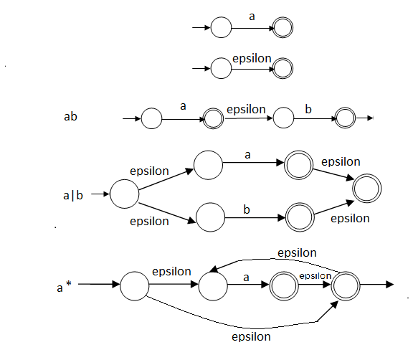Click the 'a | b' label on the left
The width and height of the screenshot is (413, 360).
click(x=74, y=194)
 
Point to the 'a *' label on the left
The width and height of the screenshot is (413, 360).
click(x=64, y=288)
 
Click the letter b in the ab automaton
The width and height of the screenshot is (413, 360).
click(x=308, y=109)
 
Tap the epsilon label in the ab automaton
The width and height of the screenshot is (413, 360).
click(x=246, y=109)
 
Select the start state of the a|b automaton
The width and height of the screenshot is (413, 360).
click(x=124, y=194)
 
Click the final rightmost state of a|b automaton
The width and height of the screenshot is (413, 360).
click(x=367, y=189)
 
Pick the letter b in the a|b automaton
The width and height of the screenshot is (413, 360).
click(x=246, y=209)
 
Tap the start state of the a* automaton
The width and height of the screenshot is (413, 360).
click(x=133, y=286)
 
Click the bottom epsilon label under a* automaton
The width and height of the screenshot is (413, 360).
click(x=250, y=336)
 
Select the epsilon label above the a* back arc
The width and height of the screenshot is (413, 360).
click(x=297, y=252)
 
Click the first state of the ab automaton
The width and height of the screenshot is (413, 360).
click(x=151, y=118)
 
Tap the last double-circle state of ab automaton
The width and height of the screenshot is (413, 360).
click(x=344, y=118)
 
